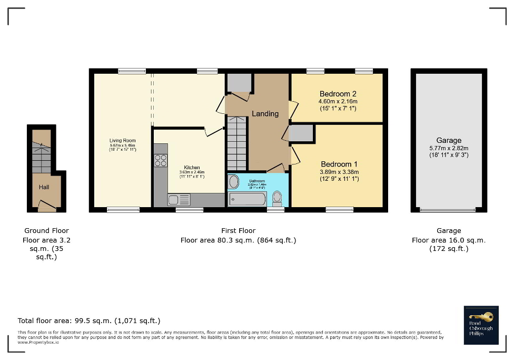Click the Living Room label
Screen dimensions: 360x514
(123, 141)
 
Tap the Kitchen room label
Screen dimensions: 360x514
(192, 167)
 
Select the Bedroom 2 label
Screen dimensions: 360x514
(338, 94)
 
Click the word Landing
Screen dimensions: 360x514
(265, 113)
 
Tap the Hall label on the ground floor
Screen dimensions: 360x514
(44, 187)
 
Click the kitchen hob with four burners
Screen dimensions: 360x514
(161, 160)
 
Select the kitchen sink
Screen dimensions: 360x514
(179, 200)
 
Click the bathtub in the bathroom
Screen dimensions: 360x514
(248, 199)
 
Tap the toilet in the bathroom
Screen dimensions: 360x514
(278, 198)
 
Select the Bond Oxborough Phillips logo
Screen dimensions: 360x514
(481, 325)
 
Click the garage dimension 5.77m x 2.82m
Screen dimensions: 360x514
(449, 148)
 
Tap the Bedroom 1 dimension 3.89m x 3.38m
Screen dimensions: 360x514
(339, 172)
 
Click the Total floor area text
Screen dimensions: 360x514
(89, 320)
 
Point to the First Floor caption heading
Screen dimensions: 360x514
(238, 230)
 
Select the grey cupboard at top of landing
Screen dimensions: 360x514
(239, 83)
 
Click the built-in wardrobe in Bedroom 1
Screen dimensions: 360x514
(301, 133)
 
